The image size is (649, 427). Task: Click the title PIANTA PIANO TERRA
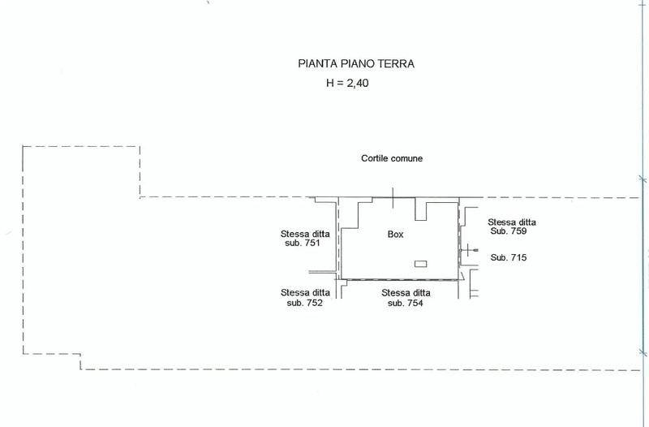356,64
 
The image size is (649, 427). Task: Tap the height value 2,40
358,84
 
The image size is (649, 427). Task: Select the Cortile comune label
392,158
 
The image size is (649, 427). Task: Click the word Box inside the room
395,235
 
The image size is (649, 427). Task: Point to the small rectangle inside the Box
420,264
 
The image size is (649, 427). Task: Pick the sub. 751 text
303,243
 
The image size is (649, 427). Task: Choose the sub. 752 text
305,303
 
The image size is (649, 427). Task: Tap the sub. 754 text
405,303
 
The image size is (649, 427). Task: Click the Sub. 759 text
509,231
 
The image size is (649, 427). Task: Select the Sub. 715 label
509,257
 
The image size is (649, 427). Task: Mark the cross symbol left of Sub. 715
468,250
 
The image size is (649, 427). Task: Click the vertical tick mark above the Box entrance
393,198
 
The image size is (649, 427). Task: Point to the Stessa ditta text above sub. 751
305,234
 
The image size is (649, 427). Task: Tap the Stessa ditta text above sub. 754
406,293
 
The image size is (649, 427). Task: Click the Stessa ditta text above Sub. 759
512,222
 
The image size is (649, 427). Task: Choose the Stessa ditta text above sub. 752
305,293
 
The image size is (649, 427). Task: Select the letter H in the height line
330,84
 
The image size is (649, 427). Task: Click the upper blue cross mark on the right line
643,179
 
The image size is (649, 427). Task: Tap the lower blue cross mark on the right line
643,353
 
